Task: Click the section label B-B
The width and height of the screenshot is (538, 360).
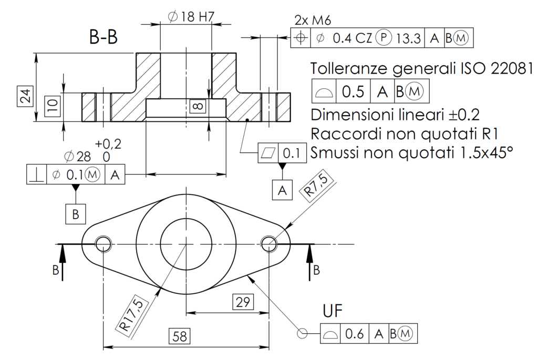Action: click(103, 37)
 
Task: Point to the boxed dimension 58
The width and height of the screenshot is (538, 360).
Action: click(180, 336)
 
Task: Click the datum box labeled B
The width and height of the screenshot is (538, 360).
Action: click(76, 214)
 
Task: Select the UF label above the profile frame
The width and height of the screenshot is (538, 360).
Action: click(333, 312)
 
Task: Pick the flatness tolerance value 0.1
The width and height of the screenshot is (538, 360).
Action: click(291, 153)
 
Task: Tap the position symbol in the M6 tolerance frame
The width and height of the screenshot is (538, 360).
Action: click(301, 38)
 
